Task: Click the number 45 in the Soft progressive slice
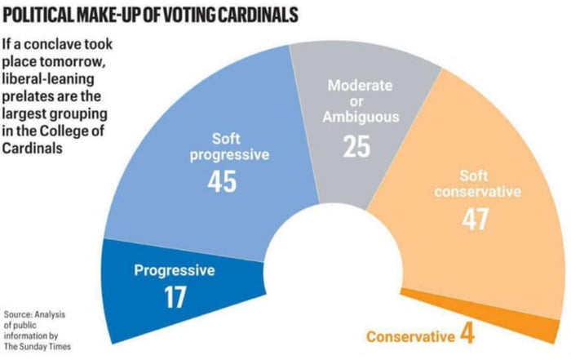point(221,180)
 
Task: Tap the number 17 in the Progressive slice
point(175,297)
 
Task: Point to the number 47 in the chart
point(476,220)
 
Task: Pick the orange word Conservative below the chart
point(409,336)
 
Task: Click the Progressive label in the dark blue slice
point(174,270)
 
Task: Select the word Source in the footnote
point(17,314)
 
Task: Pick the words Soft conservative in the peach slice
point(476,184)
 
